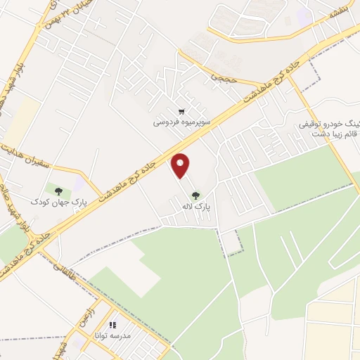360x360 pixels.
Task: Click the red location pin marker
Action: pyautogui.click(x=181, y=165)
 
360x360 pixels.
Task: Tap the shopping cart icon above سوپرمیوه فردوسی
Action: pyautogui.click(x=182, y=111)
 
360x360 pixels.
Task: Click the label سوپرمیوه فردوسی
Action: pyautogui.click(x=182, y=122)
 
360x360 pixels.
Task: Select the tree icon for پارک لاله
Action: pyautogui.click(x=195, y=195)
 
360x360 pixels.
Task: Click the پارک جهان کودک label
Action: pyautogui.click(x=49, y=202)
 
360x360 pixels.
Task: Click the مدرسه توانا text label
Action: pyautogui.click(x=109, y=335)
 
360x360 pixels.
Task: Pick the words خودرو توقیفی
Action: pyautogui.click(x=326, y=124)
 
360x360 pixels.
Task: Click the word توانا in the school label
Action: pyautogui.click(x=99, y=335)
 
